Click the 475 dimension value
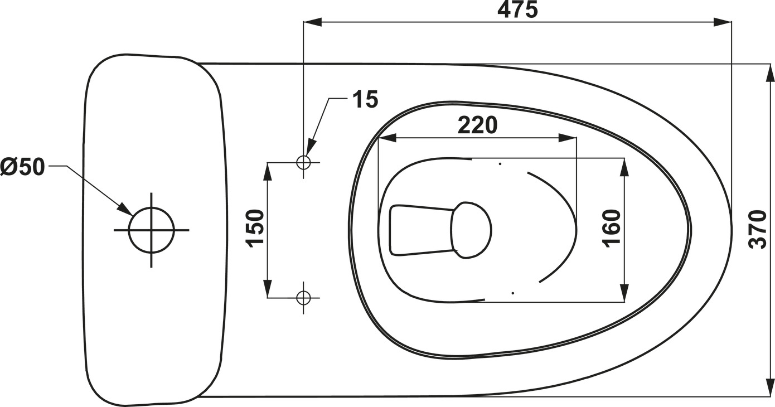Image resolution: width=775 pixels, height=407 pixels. pos(517,9)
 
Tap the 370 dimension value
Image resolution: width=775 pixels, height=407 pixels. pos(758,230)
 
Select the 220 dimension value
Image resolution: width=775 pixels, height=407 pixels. pos(477,125)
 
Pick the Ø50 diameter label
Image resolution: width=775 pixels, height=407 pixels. pos(22,167)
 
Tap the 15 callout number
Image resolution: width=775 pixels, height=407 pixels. pos(365,99)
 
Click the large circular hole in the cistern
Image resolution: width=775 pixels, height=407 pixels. pos(151,230)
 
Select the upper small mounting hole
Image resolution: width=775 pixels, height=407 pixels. pos(303,162)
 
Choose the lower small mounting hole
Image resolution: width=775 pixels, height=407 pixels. pos(303,297)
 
